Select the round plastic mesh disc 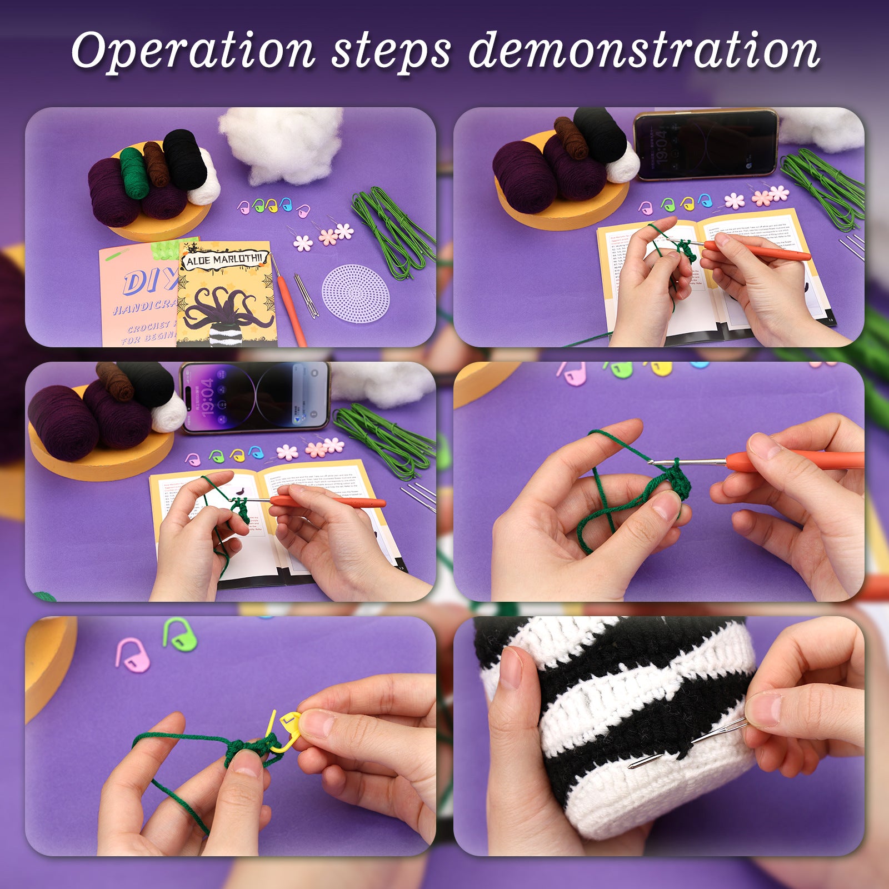[x=355, y=291]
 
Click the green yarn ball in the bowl [x=134, y=173]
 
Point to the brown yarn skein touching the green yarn [x=157, y=164]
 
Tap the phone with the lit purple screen [x=256, y=397]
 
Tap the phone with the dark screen [x=706, y=144]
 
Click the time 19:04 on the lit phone [x=207, y=398]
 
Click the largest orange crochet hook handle [x=795, y=461]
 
